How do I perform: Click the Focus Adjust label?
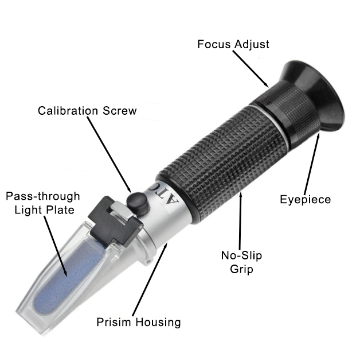point(233,44)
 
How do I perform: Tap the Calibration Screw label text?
point(87,111)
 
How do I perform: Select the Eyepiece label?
point(306,199)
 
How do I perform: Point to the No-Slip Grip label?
point(241,262)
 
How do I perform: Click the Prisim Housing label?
point(139,322)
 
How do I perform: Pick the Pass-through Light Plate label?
point(43,203)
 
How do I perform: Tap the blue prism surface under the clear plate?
point(69,276)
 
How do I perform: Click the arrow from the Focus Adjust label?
point(251,69)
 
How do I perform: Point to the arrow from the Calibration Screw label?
point(109,154)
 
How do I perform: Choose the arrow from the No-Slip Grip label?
point(240,222)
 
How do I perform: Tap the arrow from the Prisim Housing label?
point(150,280)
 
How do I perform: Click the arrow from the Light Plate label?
point(55,246)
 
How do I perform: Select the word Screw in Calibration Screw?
point(120,111)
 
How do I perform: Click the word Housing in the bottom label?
point(158,322)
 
